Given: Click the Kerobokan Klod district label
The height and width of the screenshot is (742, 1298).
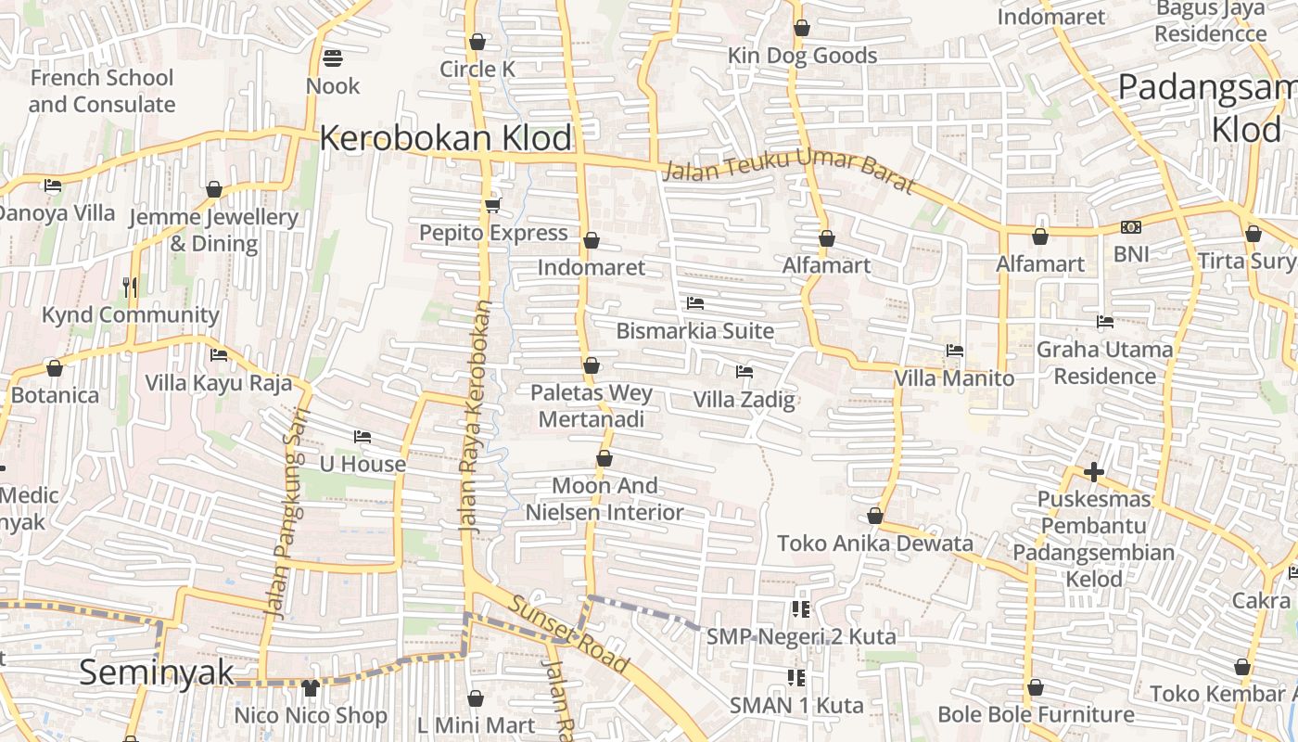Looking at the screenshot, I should (446, 138).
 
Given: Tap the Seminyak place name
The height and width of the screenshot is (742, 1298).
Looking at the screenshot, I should (156, 672).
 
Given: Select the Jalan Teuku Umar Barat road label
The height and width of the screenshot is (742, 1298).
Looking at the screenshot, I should (789, 174).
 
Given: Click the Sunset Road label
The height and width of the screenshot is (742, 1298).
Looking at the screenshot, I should (569, 635).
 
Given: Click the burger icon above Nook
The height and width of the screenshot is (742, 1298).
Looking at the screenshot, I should (333, 58).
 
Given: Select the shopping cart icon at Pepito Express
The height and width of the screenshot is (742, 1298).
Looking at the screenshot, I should (492, 205).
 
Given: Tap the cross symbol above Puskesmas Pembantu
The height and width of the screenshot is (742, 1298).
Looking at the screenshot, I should (1094, 472).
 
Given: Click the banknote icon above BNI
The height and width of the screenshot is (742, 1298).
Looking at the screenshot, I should (1130, 227).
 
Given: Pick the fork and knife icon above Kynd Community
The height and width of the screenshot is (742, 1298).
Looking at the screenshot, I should (130, 288).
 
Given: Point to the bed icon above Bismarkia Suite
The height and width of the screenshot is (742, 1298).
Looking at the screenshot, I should (694, 303).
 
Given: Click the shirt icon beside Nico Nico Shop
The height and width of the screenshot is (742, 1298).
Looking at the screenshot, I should (311, 688).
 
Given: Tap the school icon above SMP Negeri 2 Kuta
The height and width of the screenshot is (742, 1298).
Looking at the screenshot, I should (800, 609).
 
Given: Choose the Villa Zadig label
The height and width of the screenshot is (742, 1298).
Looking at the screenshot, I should (744, 400).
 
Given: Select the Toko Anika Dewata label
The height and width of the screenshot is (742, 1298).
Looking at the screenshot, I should (875, 543).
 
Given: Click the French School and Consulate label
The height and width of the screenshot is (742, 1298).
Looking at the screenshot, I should (101, 91).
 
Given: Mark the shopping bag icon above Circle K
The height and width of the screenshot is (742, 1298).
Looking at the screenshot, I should (477, 42).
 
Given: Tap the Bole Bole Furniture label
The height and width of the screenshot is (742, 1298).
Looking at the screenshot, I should (1036, 714).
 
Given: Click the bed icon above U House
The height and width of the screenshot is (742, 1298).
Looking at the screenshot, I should (363, 437).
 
